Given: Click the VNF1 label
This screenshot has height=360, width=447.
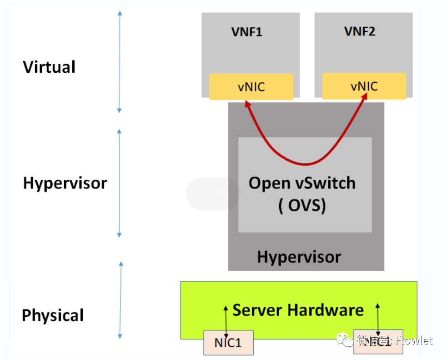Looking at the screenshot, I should click(x=246, y=32).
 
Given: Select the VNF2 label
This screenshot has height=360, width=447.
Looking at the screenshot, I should click(x=359, y=32).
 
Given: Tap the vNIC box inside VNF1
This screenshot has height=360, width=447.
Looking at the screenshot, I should click(x=251, y=86).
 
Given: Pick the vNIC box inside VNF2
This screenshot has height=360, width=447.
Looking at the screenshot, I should click(x=364, y=86).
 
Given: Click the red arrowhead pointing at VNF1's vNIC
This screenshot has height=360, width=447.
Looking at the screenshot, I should click(x=247, y=104).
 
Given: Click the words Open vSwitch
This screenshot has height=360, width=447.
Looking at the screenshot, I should click(x=302, y=183).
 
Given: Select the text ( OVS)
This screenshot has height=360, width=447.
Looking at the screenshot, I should click(x=302, y=206).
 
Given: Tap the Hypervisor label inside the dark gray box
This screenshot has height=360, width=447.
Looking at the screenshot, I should click(x=299, y=257).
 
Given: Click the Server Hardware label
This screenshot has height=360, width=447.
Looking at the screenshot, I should click(x=298, y=310).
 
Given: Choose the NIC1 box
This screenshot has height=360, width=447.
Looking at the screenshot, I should click(x=228, y=342).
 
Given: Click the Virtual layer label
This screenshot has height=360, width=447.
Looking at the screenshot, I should click(x=49, y=67).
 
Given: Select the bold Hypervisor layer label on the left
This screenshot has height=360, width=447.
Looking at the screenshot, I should click(x=65, y=183).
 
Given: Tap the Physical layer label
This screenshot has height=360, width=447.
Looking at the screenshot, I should click(x=53, y=315).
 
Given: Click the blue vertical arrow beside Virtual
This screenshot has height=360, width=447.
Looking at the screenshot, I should click(x=120, y=61).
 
